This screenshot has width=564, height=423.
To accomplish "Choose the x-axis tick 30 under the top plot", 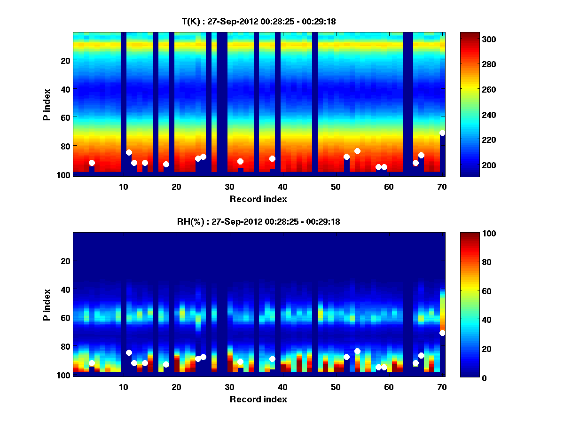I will [229, 187].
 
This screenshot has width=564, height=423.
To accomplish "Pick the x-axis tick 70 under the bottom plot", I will [442, 387].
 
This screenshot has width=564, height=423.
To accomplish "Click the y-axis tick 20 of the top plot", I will [65, 60].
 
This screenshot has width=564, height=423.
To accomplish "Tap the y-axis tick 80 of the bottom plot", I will [65, 346].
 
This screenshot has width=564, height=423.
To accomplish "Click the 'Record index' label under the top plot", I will [258, 199].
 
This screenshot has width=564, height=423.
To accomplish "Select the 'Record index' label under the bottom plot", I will [258, 399].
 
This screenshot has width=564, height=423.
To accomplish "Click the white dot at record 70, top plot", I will [442, 133].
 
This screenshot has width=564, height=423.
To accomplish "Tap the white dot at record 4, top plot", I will [92, 163].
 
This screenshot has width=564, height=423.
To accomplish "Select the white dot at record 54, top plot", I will [357, 151].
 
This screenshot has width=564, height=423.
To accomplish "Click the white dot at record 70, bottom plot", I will [442, 333].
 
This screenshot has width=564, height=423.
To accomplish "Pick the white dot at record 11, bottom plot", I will [129, 352].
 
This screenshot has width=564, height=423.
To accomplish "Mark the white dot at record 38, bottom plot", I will [272, 359].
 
